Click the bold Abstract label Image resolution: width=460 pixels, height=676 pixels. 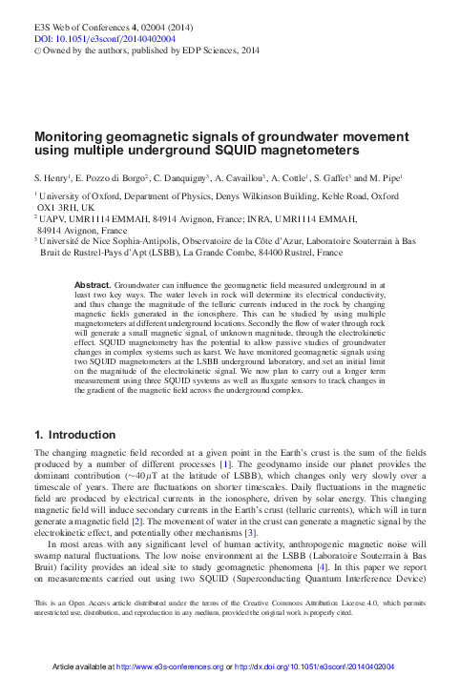click(93, 285)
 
